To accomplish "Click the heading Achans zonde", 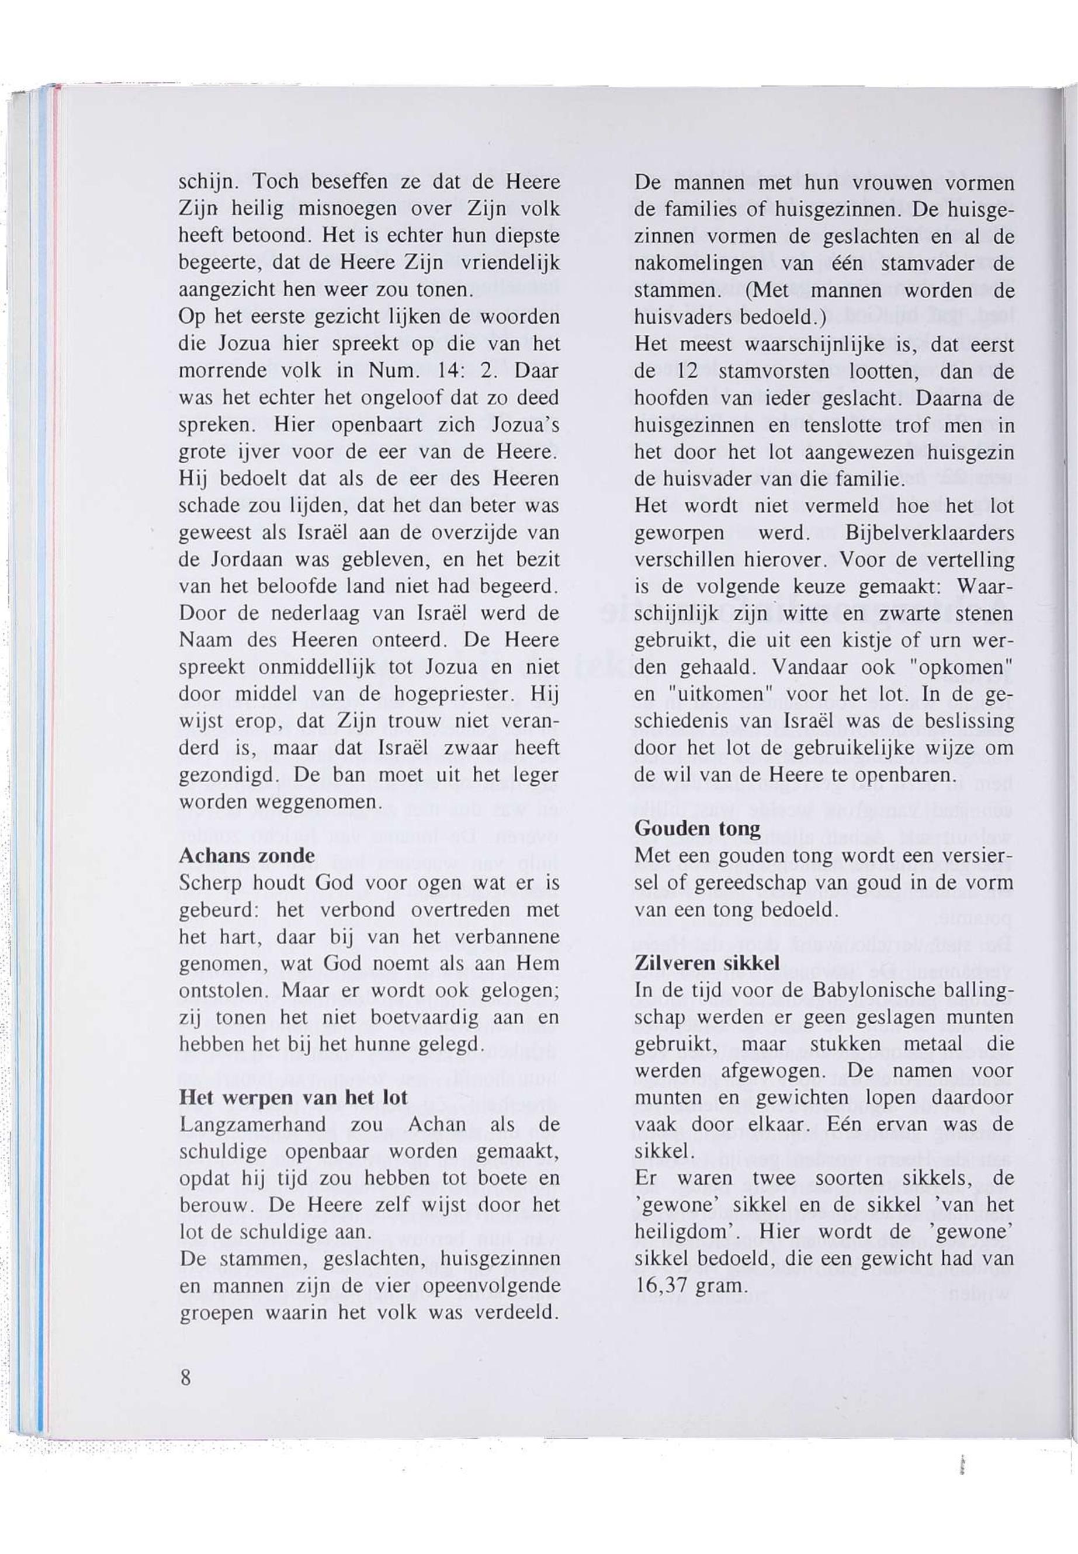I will click(x=247, y=856).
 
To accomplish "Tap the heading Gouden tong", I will click(x=698, y=828).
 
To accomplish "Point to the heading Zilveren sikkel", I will click(x=707, y=963).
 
